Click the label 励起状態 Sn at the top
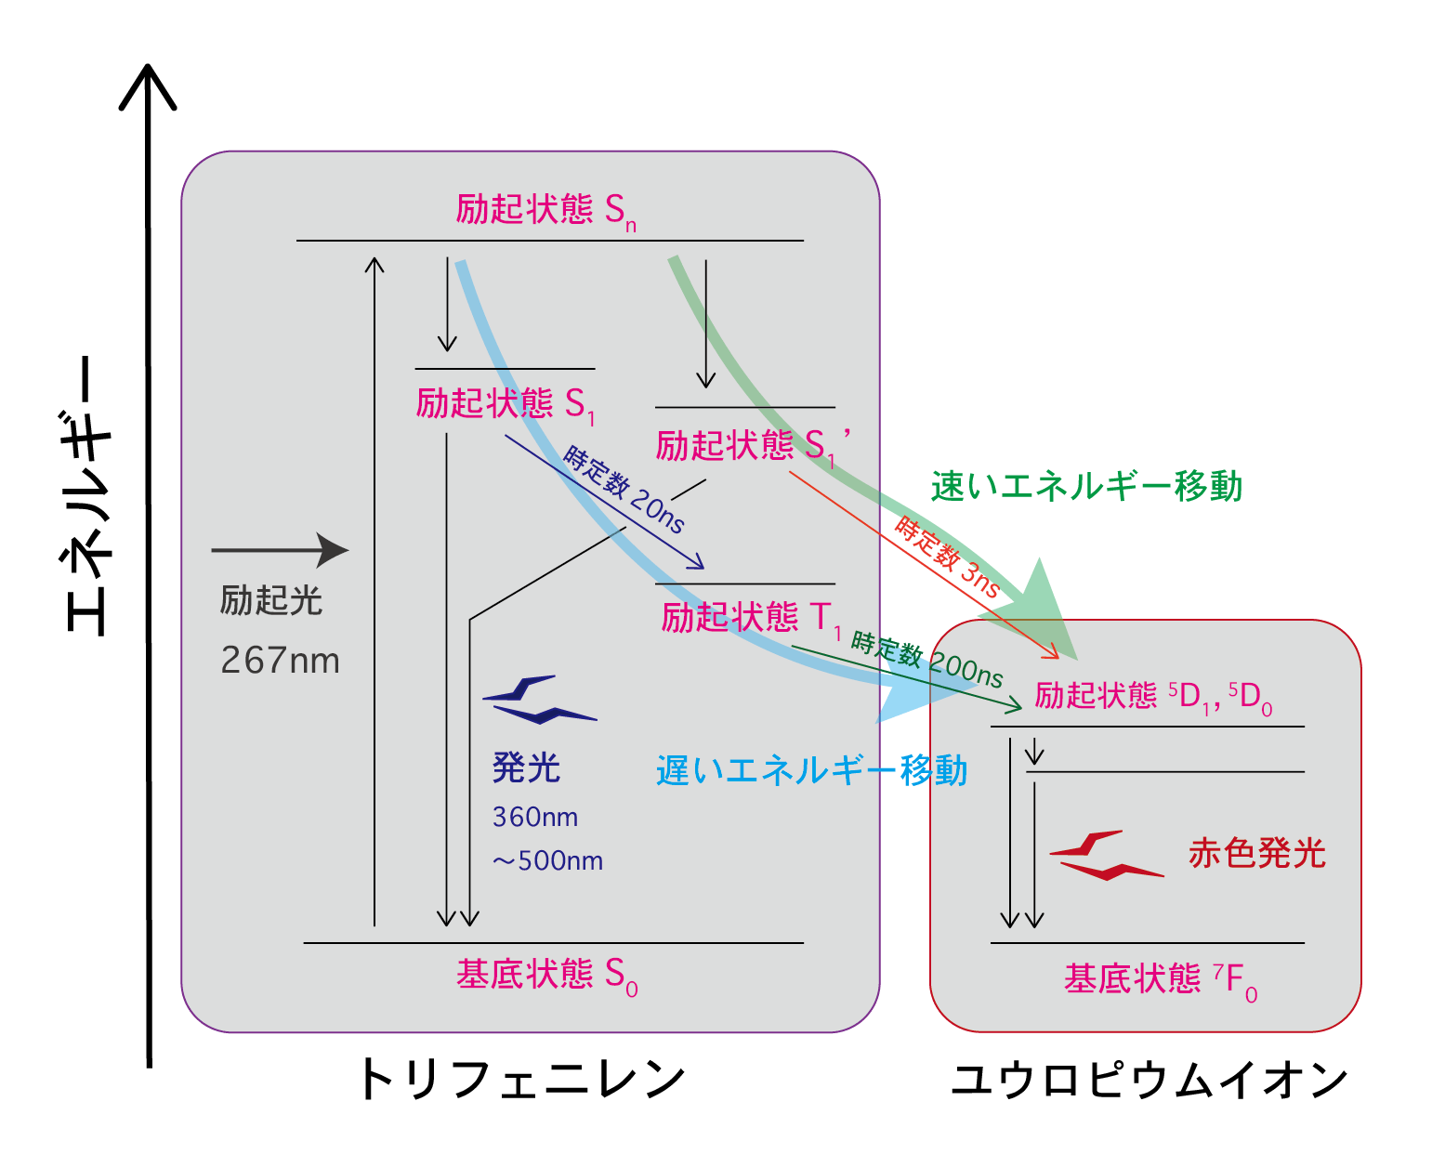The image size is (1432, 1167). (x=545, y=212)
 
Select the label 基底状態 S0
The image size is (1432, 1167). (x=546, y=977)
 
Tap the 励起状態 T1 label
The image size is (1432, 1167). (x=751, y=619)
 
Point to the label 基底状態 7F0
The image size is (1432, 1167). (x=1161, y=980)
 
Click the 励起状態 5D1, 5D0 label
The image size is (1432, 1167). (x=1153, y=698)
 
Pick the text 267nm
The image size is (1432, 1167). (x=280, y=660)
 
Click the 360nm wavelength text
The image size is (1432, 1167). (x=535, y=818)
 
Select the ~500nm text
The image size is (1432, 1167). (x=547, y=861)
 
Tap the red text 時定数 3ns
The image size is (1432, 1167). (x=947, y=557)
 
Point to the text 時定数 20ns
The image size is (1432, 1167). (x=624, y=490)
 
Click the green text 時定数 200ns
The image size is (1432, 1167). (x=926, y=660)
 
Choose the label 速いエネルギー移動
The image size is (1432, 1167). (x=1086, y=486)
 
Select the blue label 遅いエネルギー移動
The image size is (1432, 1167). (x=811, y=770)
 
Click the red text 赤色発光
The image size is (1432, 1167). (x=1257, y=853)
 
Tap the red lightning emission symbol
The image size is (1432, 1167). (x=1107, y=856)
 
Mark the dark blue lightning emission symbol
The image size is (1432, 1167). (x=540, y=700)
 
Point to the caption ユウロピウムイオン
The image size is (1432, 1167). (x=1150, y=1080)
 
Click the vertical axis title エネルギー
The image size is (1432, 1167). (x=86, y=495)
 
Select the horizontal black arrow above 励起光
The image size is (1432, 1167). (x=280, y=550)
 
